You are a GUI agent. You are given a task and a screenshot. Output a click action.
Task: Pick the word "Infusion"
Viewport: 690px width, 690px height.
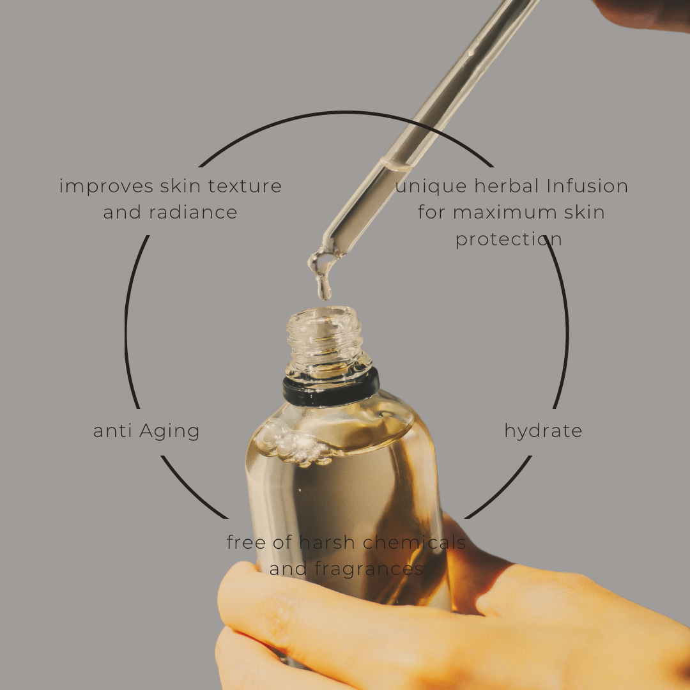(x=587, y=187)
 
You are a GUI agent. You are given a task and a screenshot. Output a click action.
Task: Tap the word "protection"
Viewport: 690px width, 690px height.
(x=509, y=240)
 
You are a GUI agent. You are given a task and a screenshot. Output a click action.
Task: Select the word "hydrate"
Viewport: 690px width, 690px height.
(x=543, y=431)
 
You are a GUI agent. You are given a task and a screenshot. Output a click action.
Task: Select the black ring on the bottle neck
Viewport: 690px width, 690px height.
(x=330, y=388)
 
